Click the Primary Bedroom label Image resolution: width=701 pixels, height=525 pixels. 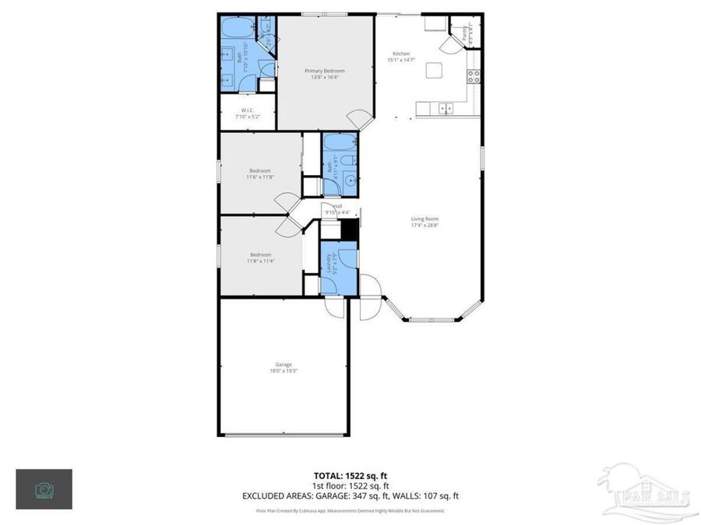[x=324, y=70]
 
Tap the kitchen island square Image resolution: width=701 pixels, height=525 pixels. [x=435, y=72]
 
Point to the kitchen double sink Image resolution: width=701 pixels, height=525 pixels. [x=444, y=108]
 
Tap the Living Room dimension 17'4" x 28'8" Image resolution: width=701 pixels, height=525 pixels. [x=425, y=226]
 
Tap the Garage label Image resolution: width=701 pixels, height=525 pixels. [x=284, y=364]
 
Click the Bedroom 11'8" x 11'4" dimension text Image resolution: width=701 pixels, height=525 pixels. [x=260, y=261]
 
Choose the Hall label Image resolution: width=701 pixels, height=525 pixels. [x=337, y=206]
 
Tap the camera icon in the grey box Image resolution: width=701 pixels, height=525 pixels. [x=44, y=489]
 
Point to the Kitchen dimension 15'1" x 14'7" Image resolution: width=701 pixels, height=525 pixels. [x=401, y=60]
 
